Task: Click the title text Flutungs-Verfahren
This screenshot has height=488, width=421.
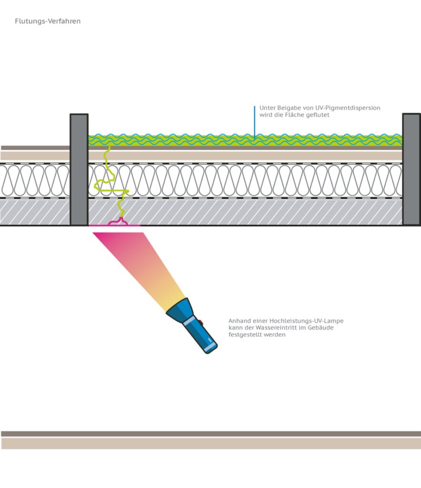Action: (48, 21)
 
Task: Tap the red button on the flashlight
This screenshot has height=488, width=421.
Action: (201, 323)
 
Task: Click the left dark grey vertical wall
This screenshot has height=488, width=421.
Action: (79, 169)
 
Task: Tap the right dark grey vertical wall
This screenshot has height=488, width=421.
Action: (411, 169)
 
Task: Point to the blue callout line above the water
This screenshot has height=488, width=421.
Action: (255, 122)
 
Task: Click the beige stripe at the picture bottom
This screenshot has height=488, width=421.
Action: (210, 444)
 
